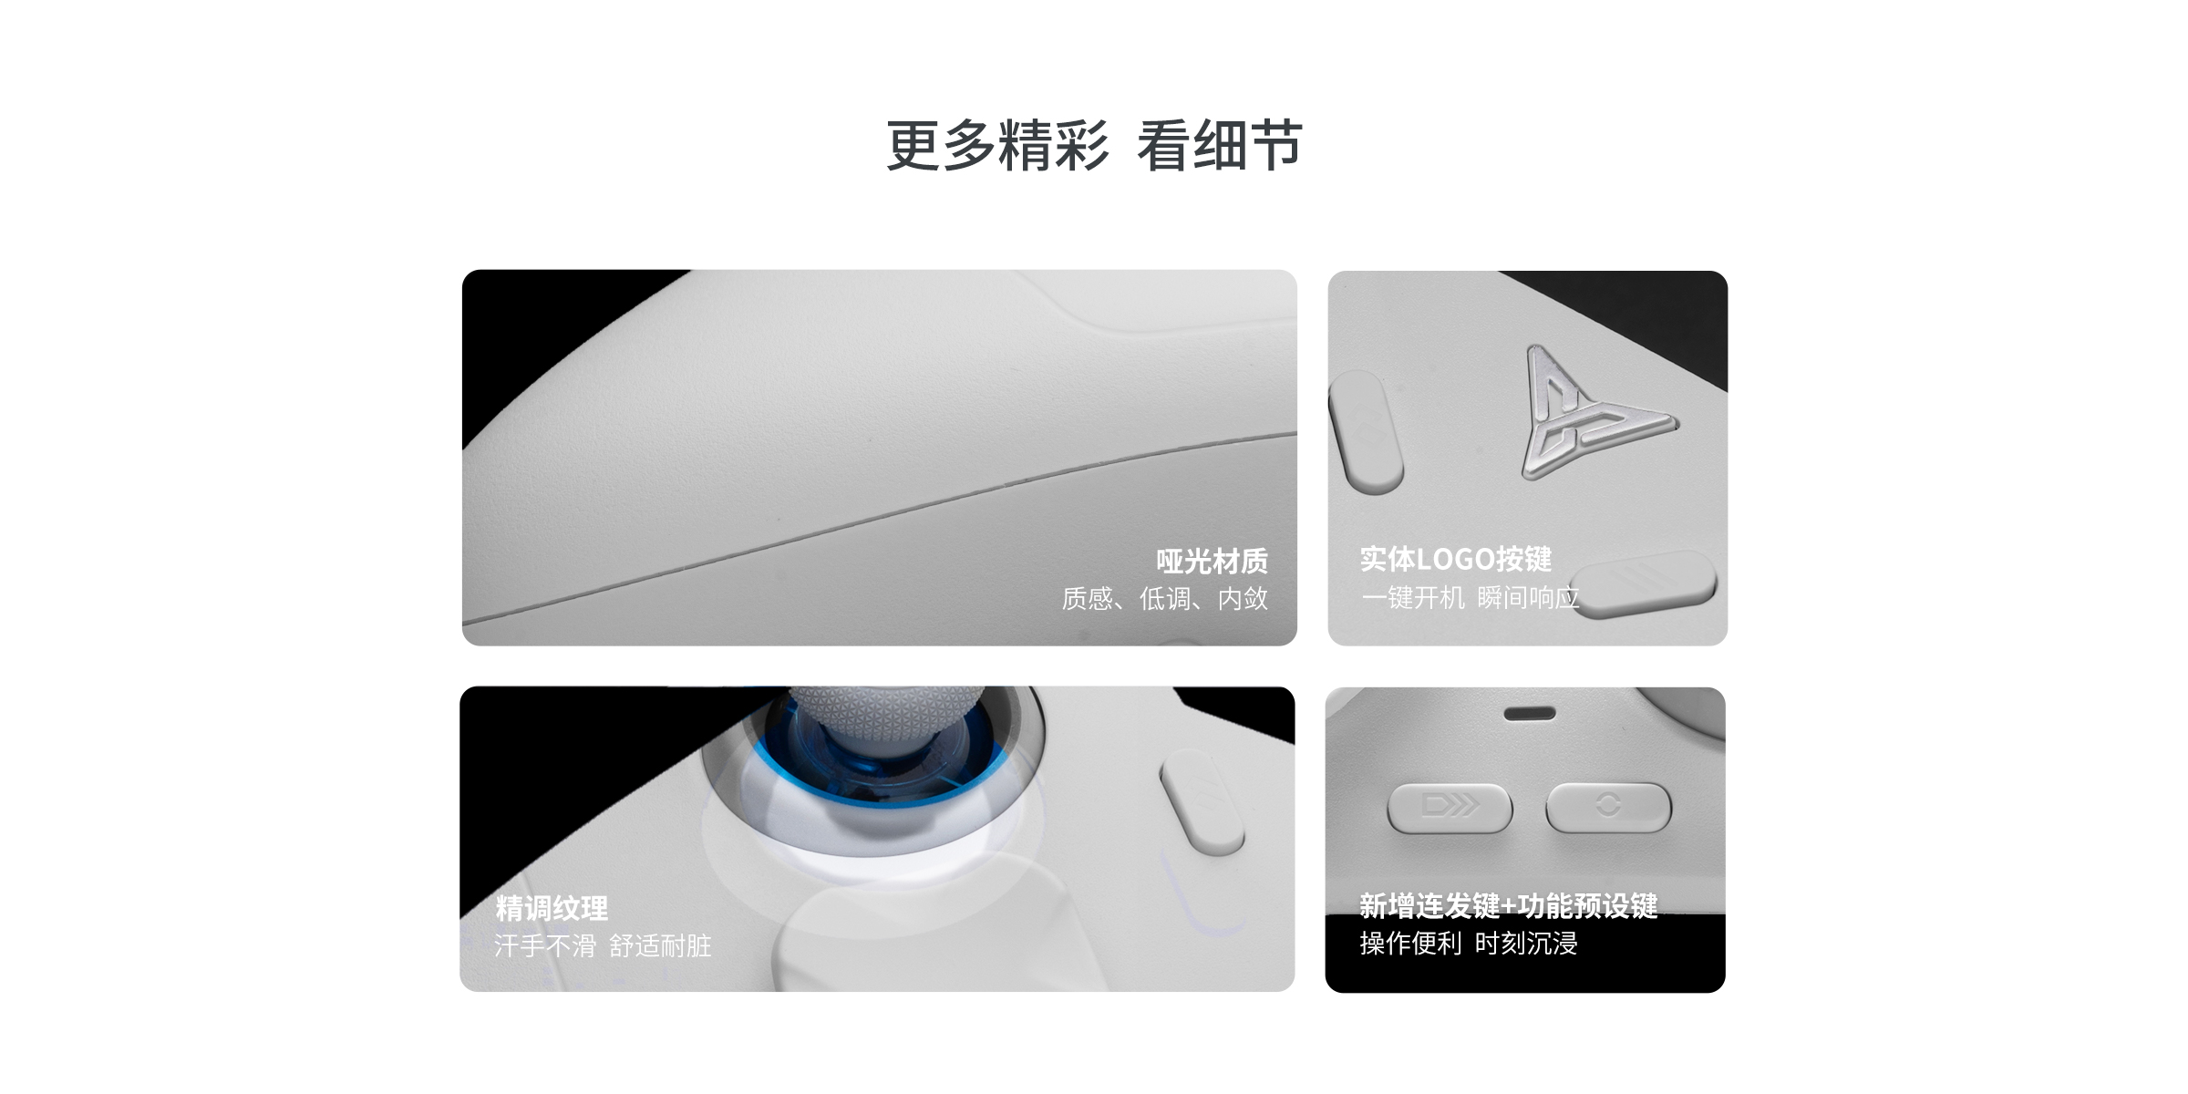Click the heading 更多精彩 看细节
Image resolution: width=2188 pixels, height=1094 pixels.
coord(1093,146)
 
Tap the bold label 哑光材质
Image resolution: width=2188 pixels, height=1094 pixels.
coord(1212,561)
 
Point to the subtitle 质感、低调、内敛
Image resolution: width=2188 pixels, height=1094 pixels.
coord(1164,598)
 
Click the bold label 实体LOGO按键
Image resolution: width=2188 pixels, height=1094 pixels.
coord(1455,559)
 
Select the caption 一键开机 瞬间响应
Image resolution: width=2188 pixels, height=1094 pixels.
coord(1470,598)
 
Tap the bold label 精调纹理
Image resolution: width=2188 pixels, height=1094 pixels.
coord(552,908)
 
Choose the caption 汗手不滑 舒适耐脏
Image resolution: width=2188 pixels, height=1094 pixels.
coord(602,945)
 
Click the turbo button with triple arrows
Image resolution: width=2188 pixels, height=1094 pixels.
coord(1450,807)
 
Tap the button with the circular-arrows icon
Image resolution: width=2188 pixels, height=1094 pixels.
coord(1608,807)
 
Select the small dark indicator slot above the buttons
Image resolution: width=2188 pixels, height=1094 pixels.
coord(1530,713)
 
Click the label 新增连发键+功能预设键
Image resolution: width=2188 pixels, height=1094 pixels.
coord(1508,906)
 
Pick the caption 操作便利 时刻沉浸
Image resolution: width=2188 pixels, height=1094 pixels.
coord(1468,944)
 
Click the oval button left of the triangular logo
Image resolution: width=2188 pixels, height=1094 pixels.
coord(1366,432)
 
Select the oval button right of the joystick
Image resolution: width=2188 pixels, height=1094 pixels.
coord(1202,802)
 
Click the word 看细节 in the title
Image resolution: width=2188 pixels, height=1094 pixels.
coord(1219,146)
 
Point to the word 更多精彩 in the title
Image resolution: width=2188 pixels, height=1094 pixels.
coord(997,146)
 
